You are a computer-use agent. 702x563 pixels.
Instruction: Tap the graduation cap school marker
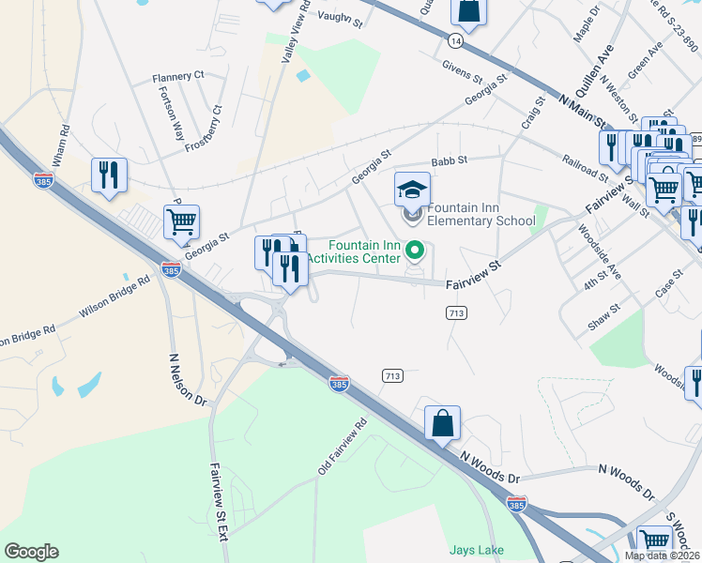tap(412, 189)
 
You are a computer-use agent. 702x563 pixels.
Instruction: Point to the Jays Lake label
tap(476, 550)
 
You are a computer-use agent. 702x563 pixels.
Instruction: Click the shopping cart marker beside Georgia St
tap(181, 222)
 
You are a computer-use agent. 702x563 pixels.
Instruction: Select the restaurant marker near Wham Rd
tap(109, 175)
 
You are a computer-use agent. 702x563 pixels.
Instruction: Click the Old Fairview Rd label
tap(341, 447)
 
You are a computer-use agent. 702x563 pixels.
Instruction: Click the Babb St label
tap(449, 161)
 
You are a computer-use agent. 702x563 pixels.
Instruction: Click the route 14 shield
tap(455, 42)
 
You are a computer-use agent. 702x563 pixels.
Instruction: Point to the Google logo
tap(31, 551)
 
